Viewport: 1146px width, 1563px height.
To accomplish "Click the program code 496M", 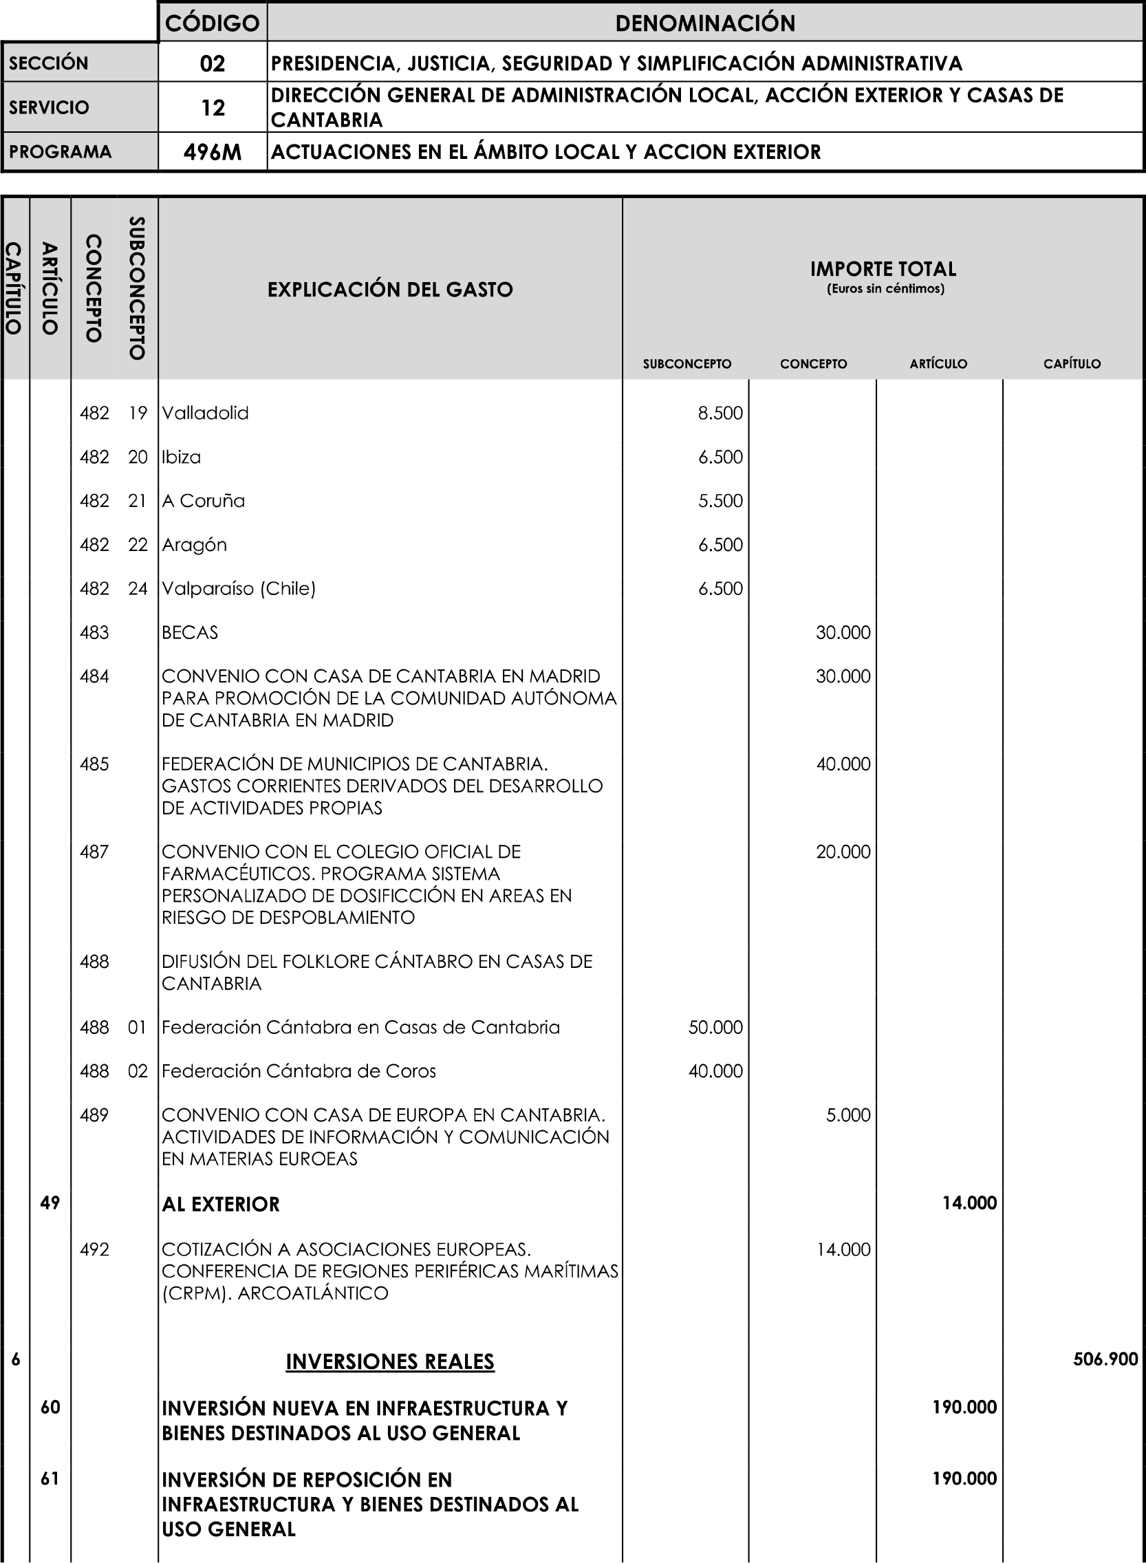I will coord(213,152).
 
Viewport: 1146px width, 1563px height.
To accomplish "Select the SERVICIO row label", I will coord(49,107).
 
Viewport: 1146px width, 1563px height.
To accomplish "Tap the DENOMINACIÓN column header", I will coord(705,23).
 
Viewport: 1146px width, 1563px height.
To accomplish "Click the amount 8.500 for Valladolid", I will coord(720,413).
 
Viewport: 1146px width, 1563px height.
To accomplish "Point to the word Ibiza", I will coord(181,457).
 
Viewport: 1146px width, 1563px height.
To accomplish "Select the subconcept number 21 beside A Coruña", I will coord(137,501).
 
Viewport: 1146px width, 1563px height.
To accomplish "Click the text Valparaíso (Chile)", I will coord(239,588).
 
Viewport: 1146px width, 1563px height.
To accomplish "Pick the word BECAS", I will coord(189,633).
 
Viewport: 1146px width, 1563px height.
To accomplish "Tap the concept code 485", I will coord(94,764).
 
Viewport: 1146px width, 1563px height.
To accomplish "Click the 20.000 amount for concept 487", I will coord(842,851).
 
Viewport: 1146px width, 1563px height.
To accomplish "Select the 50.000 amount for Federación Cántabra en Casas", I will coord(715,1026).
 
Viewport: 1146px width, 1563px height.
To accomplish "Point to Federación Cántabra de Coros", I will coord(299,1071).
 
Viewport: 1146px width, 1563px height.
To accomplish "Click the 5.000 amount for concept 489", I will coord(847,1115).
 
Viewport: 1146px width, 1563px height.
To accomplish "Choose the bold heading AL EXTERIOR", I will coord(221,1205).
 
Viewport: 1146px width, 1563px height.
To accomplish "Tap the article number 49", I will coord(50,1203).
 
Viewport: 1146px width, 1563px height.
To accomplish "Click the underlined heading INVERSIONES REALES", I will coord(390,1362).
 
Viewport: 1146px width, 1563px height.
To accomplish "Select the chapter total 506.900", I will coord(1105,1360).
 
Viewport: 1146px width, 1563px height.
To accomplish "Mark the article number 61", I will coord(50,1478).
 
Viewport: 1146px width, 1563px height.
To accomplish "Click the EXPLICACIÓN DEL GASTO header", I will coord(390,290).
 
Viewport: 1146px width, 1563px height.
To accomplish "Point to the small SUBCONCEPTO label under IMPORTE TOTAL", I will coord(686,363).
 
